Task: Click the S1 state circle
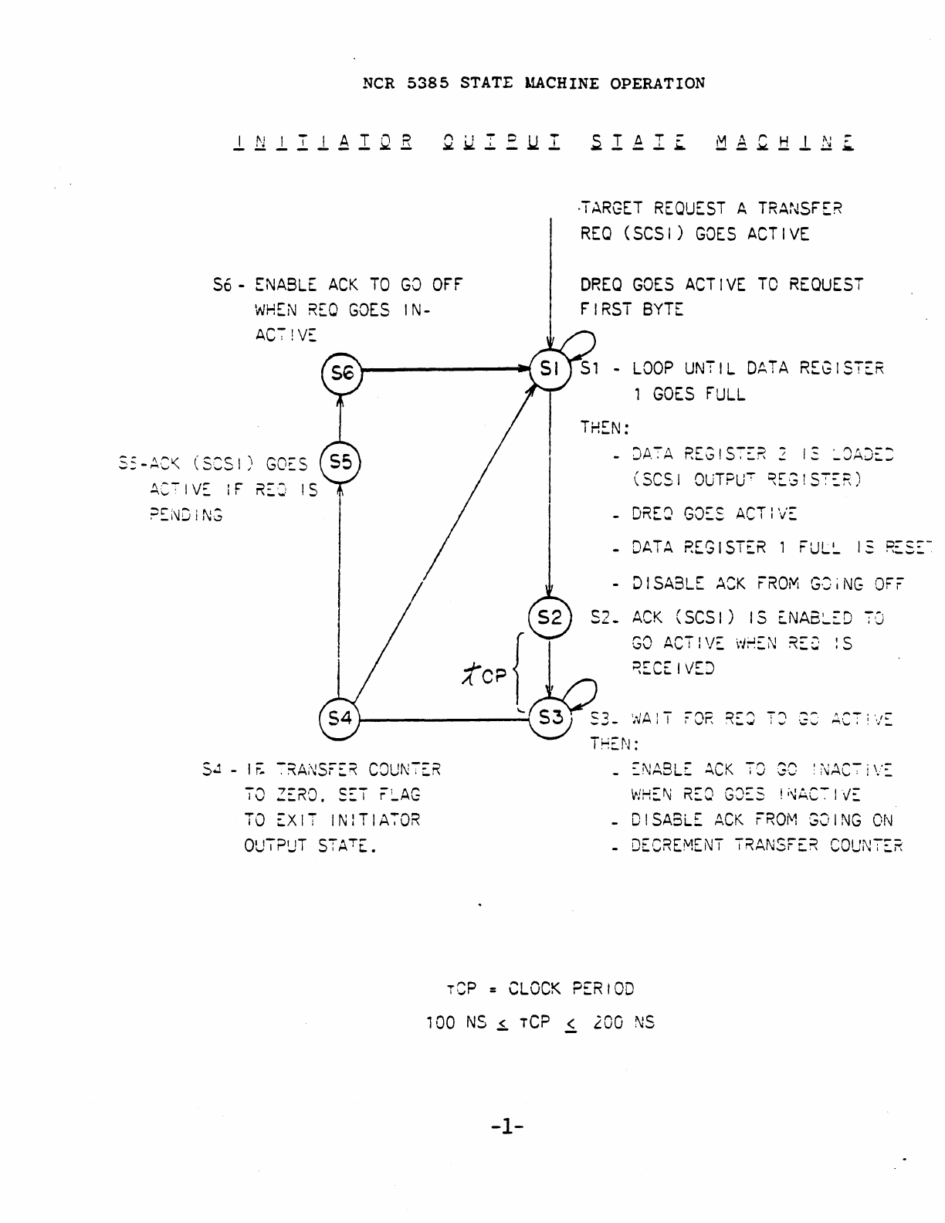coord(549,369)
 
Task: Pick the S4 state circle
coord(339,719)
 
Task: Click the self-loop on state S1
coord(583,342)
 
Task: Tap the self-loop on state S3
coord(583,690)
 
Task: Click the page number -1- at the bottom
coord(506,1127)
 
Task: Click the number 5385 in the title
coord(428,83)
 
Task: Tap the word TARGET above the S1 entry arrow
coord(613,208)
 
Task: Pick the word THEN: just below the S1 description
coord(605,427)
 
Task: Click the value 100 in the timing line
coord(440,1023)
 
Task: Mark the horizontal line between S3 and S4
coord(444,720)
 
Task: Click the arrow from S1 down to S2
coord(549,494)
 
